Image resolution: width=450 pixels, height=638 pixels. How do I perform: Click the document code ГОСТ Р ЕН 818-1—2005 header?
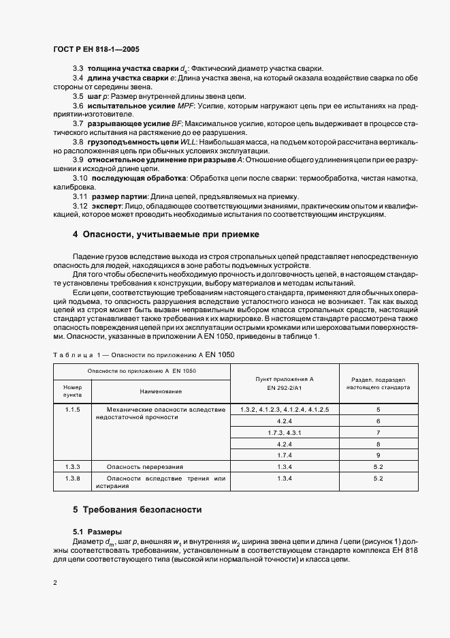coord(97,49)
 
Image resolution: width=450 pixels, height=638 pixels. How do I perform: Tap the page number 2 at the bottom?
coord(55,583)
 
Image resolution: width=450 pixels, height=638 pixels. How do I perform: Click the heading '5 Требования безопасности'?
coord(138,509)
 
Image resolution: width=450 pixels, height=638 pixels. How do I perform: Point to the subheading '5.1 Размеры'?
coord(97,531)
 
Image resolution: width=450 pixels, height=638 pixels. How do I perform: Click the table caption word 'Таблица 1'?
coord(76,354)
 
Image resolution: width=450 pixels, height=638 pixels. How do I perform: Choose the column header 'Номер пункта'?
coord(72,391)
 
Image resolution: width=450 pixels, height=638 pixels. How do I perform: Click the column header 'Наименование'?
coord(161,391)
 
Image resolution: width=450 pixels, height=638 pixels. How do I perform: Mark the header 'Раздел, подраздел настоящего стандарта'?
coord(379,382)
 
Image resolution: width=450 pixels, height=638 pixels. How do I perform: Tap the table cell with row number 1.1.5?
coord(73,409)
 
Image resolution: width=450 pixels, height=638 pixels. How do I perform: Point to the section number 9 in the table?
coord(379,455)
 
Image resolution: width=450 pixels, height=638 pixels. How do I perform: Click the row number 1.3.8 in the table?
coord(73,478)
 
